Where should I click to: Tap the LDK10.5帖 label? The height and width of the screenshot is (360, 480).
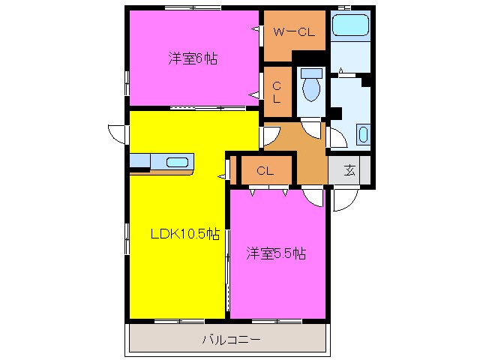click(x=184, y=234)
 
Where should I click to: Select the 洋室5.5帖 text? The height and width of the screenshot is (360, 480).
click(x=276, y=253)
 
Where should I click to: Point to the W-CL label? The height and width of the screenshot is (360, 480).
click(x=293, y=31)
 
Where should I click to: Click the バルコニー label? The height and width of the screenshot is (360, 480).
click(x=231, y=340)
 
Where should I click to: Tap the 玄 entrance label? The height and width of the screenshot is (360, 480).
click(x=350, y=169)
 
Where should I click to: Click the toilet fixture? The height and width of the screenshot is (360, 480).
click(x=310, y=89)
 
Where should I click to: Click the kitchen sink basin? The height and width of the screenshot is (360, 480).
click(x=178, y=162)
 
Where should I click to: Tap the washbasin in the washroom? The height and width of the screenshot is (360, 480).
click(x=364, y=135)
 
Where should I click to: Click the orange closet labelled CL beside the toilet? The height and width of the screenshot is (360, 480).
click(x=277, y=91)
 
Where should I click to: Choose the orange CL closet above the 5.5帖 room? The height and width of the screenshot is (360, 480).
click(x=264, y=170)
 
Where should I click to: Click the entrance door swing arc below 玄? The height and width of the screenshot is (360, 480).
click(x=345, y=199)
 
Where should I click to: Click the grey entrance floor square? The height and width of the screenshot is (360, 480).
click(x=349, y=169)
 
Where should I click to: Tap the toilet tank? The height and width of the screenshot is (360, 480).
click(x=310, y=73)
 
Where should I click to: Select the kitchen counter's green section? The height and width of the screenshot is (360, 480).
click(x=140, y=162)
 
